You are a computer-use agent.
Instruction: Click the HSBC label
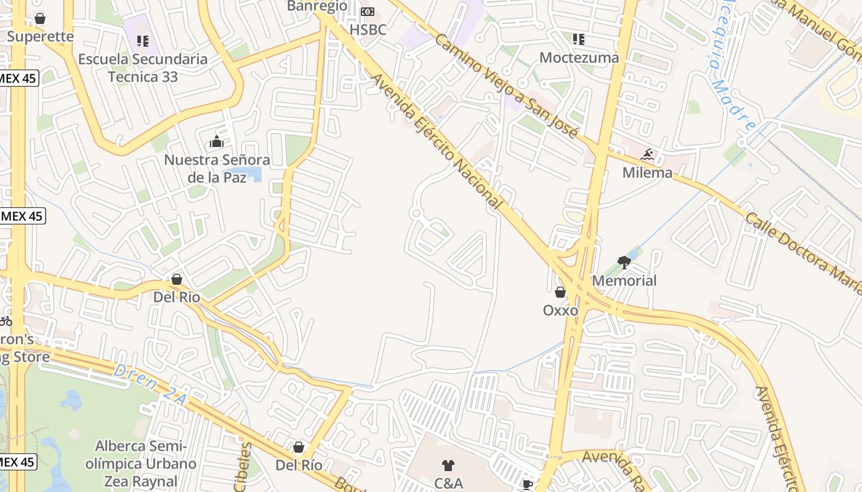368,30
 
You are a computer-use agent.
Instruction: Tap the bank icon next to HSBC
367,12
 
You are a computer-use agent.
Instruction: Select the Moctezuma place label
579,57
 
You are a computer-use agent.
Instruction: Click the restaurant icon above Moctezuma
578,39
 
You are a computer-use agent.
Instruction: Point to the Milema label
647,172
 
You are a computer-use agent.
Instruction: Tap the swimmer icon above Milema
647,154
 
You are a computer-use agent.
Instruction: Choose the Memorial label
624,280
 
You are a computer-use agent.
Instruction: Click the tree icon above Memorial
624,263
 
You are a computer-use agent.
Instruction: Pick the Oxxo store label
560,310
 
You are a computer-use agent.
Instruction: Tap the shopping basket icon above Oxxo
560,292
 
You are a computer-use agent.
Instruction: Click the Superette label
40,36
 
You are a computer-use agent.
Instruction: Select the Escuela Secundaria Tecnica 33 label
143,68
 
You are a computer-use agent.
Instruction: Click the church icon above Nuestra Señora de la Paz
216,142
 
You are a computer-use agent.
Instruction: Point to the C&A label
448,483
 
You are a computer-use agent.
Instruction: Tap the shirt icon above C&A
448,466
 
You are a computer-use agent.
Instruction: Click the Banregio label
317,6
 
